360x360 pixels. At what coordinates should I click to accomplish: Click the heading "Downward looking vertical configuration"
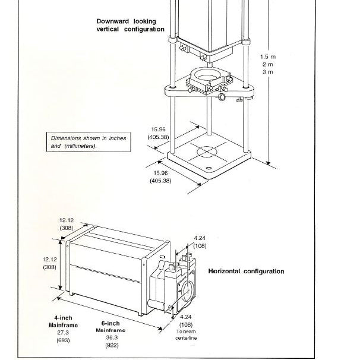coord(131,26)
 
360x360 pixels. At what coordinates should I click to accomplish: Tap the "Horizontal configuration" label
coord(246,271)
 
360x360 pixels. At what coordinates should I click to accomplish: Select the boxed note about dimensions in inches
coord(89,142)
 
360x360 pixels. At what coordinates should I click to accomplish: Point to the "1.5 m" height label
coord(268,56)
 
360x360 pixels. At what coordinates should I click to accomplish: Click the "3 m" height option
coord(268,72)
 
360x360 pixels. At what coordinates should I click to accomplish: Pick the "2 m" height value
coord(268,64)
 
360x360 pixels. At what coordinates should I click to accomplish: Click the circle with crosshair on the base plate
coord(207,151)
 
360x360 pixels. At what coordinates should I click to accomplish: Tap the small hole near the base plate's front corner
coord(209,168)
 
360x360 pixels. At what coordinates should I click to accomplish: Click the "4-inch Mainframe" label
coord(63,321)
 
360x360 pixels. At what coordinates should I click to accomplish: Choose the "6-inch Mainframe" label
coord(110,327)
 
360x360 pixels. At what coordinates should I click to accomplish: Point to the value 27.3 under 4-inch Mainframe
coord(63,332)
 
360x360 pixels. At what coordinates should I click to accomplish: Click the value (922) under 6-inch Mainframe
coord(112,345)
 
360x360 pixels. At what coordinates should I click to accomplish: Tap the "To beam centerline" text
coord(186,334)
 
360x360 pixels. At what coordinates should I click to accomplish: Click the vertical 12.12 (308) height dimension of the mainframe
coord(49,263)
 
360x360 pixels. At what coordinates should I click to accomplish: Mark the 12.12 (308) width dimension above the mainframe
coord(67,224)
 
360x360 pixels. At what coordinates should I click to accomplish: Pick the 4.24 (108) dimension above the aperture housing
coord(200,242)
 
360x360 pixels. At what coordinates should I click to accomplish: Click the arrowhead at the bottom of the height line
coord(268,163)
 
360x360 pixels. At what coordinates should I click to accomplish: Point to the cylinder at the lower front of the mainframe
coord(157,304)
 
